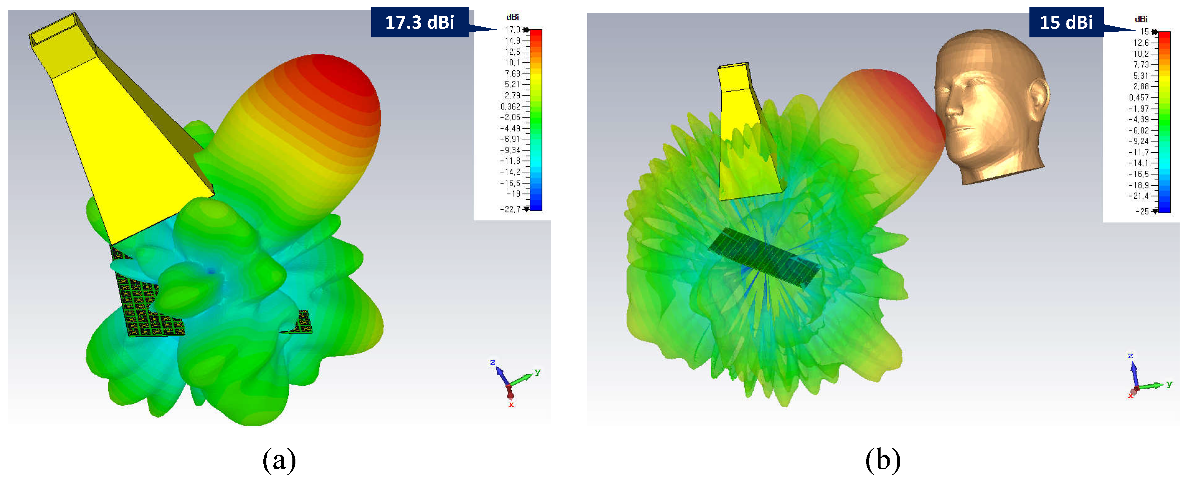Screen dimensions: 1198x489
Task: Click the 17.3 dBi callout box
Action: (420, 22)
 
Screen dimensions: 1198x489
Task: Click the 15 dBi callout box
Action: (1066, 22)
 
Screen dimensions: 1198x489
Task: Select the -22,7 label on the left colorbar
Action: (510, 209)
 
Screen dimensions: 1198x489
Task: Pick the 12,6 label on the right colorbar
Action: (1141, 43)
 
